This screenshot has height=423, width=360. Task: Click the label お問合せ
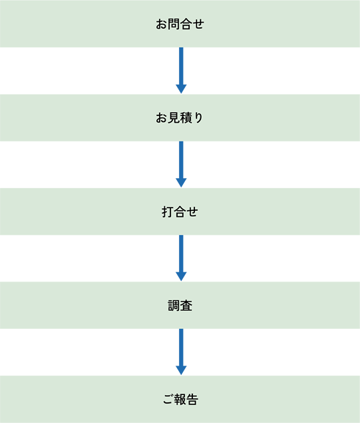click(180, 24)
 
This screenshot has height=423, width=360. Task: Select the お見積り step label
click(179, 117)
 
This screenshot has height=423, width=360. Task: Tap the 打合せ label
click(180, 211)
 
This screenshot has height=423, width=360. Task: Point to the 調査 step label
click(180, 306)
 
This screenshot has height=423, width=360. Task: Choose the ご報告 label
click(180, 399)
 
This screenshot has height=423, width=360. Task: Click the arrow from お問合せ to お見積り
click(181, 71)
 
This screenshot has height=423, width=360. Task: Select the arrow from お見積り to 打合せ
click(181, 164)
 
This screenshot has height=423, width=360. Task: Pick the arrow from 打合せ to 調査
click(181, 258)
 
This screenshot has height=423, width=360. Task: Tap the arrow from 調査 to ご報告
click(181, 352)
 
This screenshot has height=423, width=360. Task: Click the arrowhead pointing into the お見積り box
click(181, 89)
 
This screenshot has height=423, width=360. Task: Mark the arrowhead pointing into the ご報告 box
click(181, 371)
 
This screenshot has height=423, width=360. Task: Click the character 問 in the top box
click(174, 24)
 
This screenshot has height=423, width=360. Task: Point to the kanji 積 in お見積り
click(186, 117)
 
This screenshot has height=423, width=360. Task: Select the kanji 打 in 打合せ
click(168, 211)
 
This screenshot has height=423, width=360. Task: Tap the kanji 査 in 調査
click(186, 306)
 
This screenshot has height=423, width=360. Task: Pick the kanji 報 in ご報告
click(180, 399)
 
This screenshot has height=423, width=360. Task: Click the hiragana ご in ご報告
click(168, 399)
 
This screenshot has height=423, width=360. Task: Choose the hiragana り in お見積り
click(198, 118)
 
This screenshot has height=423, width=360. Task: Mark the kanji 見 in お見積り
click(174, 117)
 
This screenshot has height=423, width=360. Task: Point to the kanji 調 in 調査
click(174, 306)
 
